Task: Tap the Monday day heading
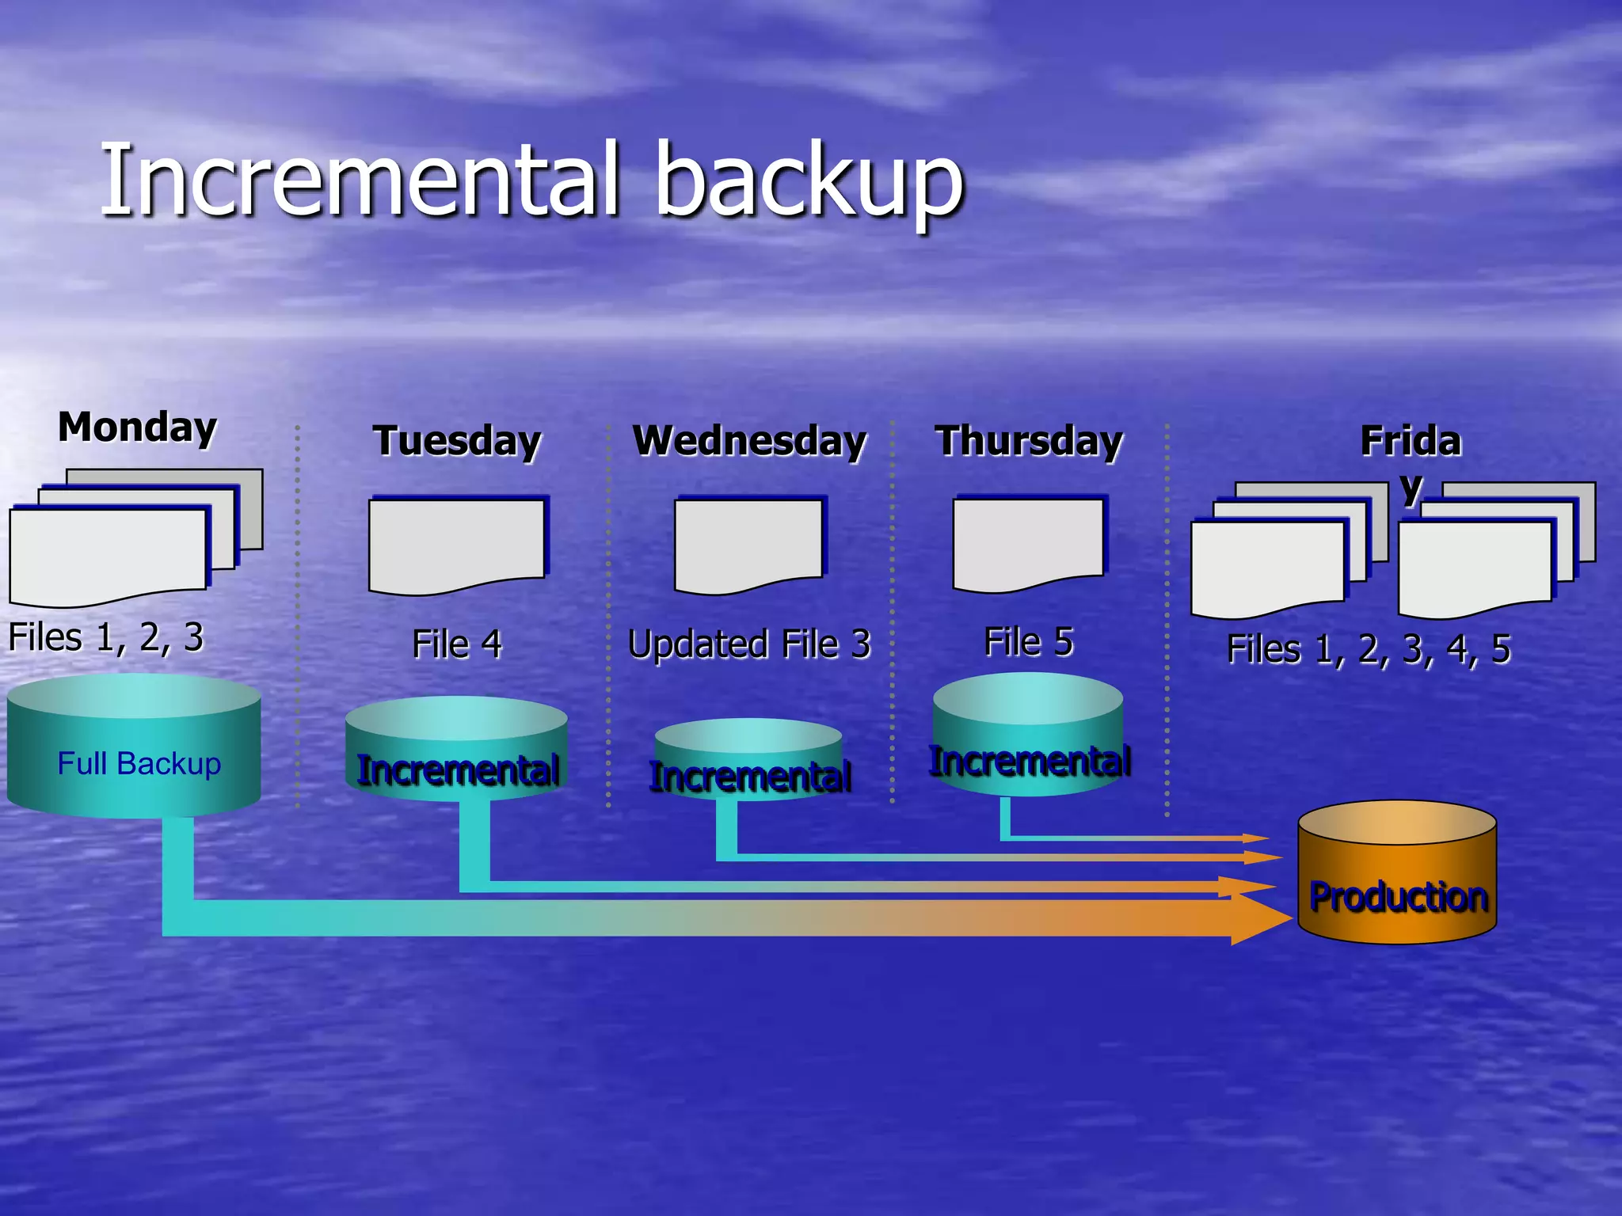pyautogui.click(x=137, y=427)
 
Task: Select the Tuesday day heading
pyautogui.click(x=457, y=441)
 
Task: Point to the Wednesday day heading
pyautogui.click(x=749, y=441)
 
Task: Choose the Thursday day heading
pyautogui.click(x=1029, y=441)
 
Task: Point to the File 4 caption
pyautogui.click(x=457, y=644)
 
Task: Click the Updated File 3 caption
pyautogui.click(x=749, y=644)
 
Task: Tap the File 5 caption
pyautogui.click(x=1028, y=641)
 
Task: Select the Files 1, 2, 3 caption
pyautogui.click(x=106, y=637)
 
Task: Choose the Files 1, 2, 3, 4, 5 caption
pyautogui.click(x=1369, y=649)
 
